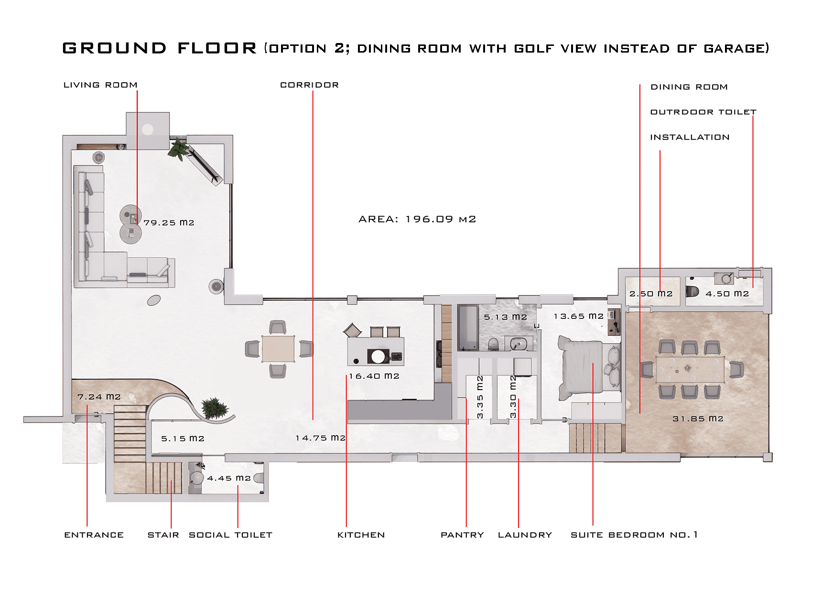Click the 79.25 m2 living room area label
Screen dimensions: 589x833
[169, 223]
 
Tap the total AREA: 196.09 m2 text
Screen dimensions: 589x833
[417, 219]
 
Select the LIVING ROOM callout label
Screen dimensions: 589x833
[100, 85]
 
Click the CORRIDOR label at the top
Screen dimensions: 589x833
[309, 85]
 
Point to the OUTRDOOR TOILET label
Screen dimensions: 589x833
[703, 112]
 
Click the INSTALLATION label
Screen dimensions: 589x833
[690, 138]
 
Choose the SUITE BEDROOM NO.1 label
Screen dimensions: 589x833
[634, 535]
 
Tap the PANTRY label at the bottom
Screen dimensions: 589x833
[462, 535]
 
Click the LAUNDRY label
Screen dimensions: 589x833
[525, 535]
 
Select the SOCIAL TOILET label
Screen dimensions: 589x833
[230, 535]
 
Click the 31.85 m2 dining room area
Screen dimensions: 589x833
[698, 419]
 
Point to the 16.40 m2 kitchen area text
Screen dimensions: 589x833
[374, 376]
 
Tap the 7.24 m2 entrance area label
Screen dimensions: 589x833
[99, 397]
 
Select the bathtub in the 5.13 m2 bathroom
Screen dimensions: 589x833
[468, 328]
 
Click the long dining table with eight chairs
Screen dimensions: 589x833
[689, 369]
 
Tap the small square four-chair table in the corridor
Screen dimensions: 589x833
[278, 349]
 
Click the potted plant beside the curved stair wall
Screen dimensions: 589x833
[214, 408]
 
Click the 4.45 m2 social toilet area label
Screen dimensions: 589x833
[228, 478]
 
